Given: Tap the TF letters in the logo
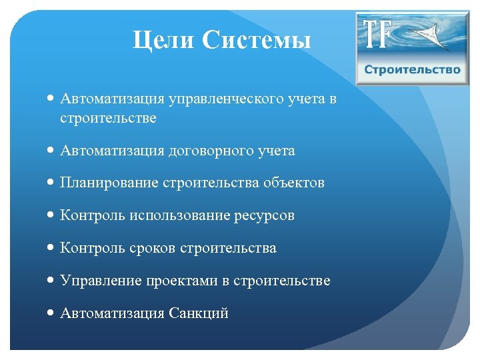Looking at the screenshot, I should click(x=377, y=34).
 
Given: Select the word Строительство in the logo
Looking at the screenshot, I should click(x=412, y=69).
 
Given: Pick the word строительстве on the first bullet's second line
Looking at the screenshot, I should click(x=108, y=118).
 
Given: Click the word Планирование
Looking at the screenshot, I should click(x=109, y=183).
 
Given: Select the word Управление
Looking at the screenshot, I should click(x=100, y=281).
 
